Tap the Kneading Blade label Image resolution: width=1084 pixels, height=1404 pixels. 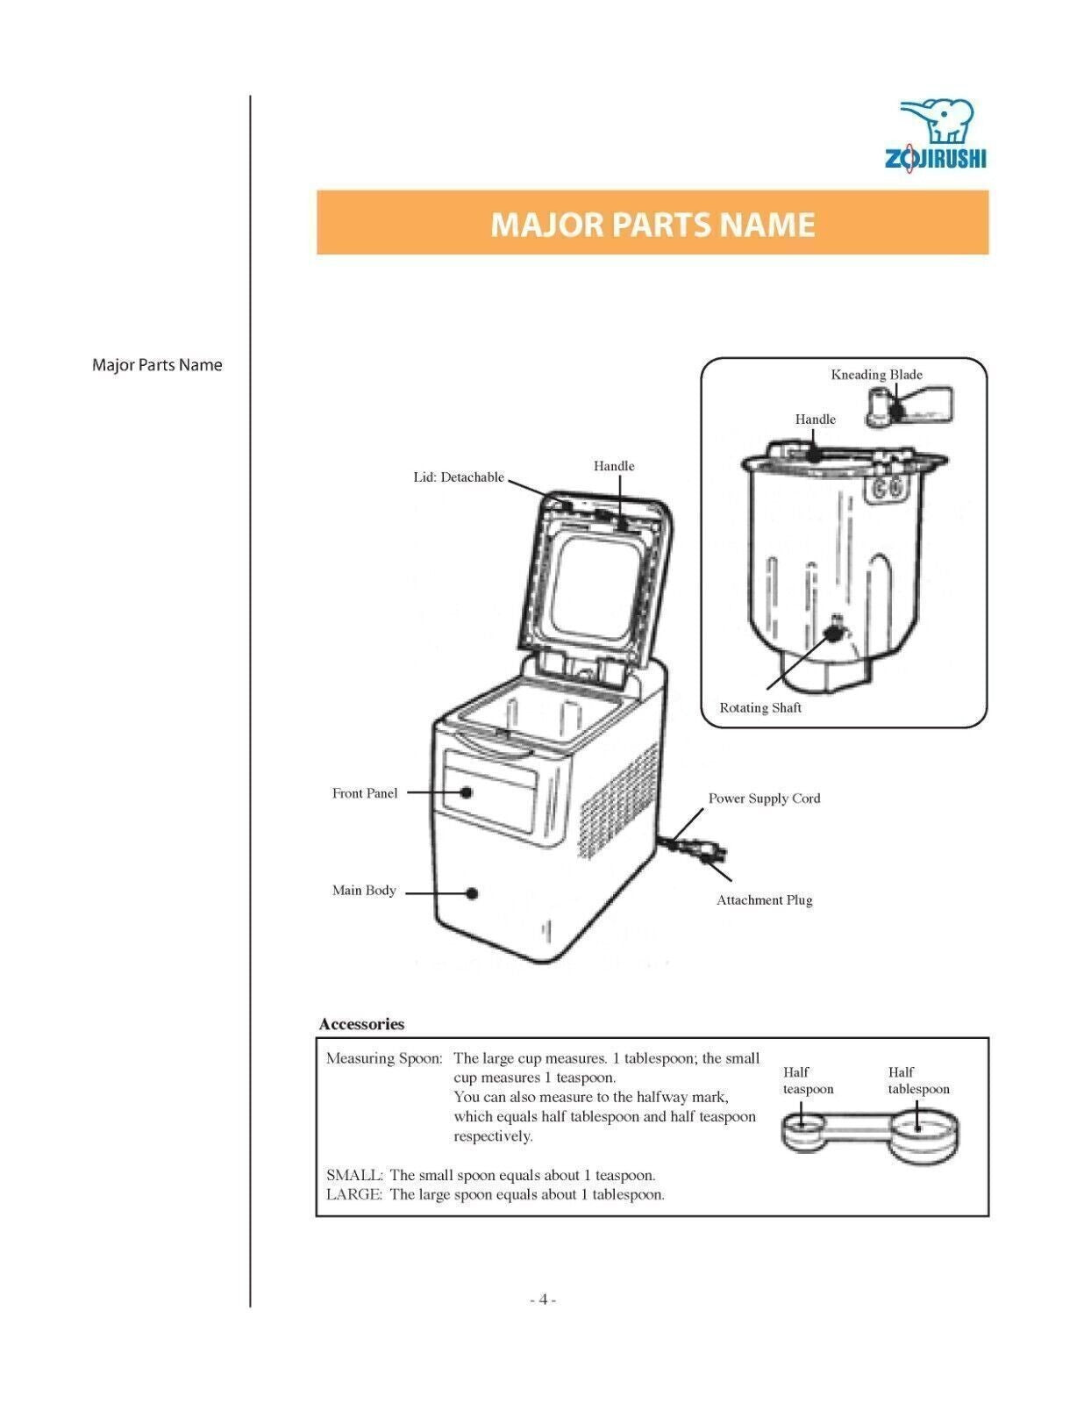(876, 375)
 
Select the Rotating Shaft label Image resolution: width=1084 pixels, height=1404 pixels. (760, 708)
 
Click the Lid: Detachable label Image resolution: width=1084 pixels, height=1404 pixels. (459, 477)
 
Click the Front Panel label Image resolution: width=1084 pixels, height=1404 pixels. (364, 793)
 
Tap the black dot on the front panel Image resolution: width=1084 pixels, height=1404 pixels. (467, 792)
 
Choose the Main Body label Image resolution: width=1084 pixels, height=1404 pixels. (364, 891)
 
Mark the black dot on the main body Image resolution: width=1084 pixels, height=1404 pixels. (472, 893)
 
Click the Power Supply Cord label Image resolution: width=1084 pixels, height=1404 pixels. (764, 799)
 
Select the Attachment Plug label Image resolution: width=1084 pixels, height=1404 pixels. (764, 900)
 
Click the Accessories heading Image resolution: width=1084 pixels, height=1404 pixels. (361, 1024)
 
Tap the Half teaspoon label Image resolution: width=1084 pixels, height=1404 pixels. (807, 1081)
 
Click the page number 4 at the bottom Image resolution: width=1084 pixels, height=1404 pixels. (543, 1300)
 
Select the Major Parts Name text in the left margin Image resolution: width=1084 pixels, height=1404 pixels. (157, 365)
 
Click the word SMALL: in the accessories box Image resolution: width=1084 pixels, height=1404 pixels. (354, 1175)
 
